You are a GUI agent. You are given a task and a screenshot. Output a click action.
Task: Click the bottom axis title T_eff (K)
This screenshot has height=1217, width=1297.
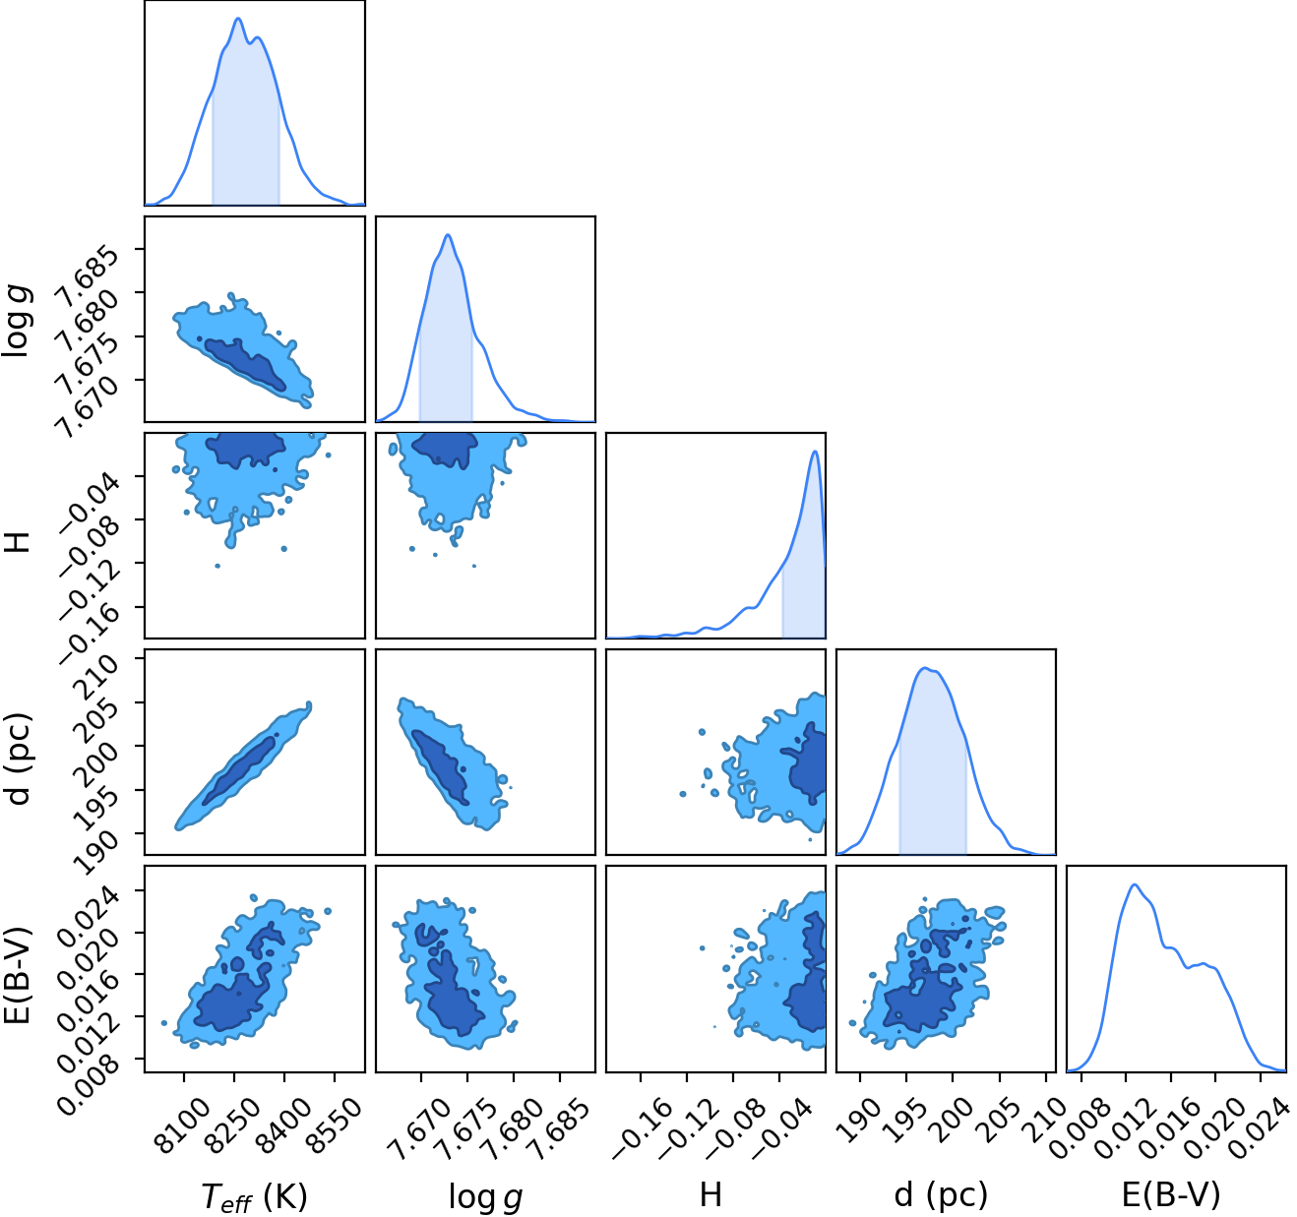pyautogui.click(x=254, y=1196)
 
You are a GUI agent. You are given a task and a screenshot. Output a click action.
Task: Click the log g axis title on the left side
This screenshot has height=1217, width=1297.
pyautogui.click(x=18, y=319)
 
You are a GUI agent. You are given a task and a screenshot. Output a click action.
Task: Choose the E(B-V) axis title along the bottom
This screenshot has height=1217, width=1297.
pyautogui.click(x=1171, y=1194)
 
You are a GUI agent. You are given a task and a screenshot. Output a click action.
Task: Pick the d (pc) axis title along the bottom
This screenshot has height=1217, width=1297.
pyautogui.click(x=941, y=1194)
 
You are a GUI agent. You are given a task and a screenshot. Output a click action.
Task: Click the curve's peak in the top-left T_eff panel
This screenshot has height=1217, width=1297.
pyautogui.click(x=238, y=19)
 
